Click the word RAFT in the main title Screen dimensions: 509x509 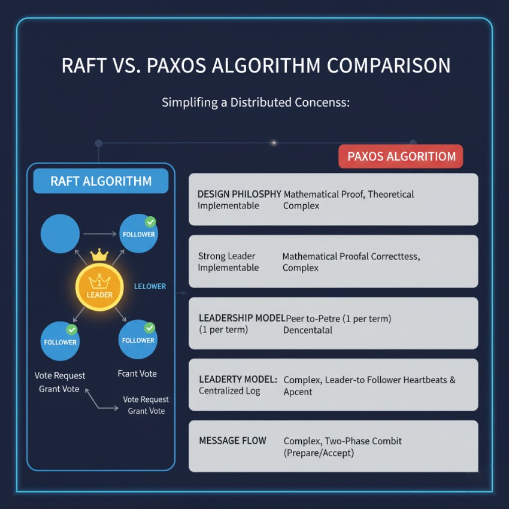[84, 66]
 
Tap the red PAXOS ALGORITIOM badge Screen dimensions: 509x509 [401, 156]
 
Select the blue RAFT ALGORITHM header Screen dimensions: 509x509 [101, 181]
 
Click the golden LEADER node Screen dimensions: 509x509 [99, 287]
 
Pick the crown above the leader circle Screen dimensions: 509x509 [99, 255]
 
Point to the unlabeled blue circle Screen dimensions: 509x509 [60, 234]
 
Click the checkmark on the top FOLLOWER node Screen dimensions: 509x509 [150, 222]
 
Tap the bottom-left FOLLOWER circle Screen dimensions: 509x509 [60, 341]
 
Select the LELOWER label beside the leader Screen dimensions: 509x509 [150, 286]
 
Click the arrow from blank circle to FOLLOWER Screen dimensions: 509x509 [100, 234]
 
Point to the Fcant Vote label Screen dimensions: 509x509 [137, 374]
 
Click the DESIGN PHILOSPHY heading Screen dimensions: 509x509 [240, 194]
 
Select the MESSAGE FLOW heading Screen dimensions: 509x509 [232, 441]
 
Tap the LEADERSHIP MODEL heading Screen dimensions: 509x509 [242, 318]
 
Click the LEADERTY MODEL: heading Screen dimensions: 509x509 [238, 379]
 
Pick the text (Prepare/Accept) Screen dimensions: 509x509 [319, 453]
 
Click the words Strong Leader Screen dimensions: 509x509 [226, 256]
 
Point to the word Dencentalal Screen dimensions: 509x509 [308, 330]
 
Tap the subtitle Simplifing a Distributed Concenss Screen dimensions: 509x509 [256, 102]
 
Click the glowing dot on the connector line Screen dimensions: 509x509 [274, 143]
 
